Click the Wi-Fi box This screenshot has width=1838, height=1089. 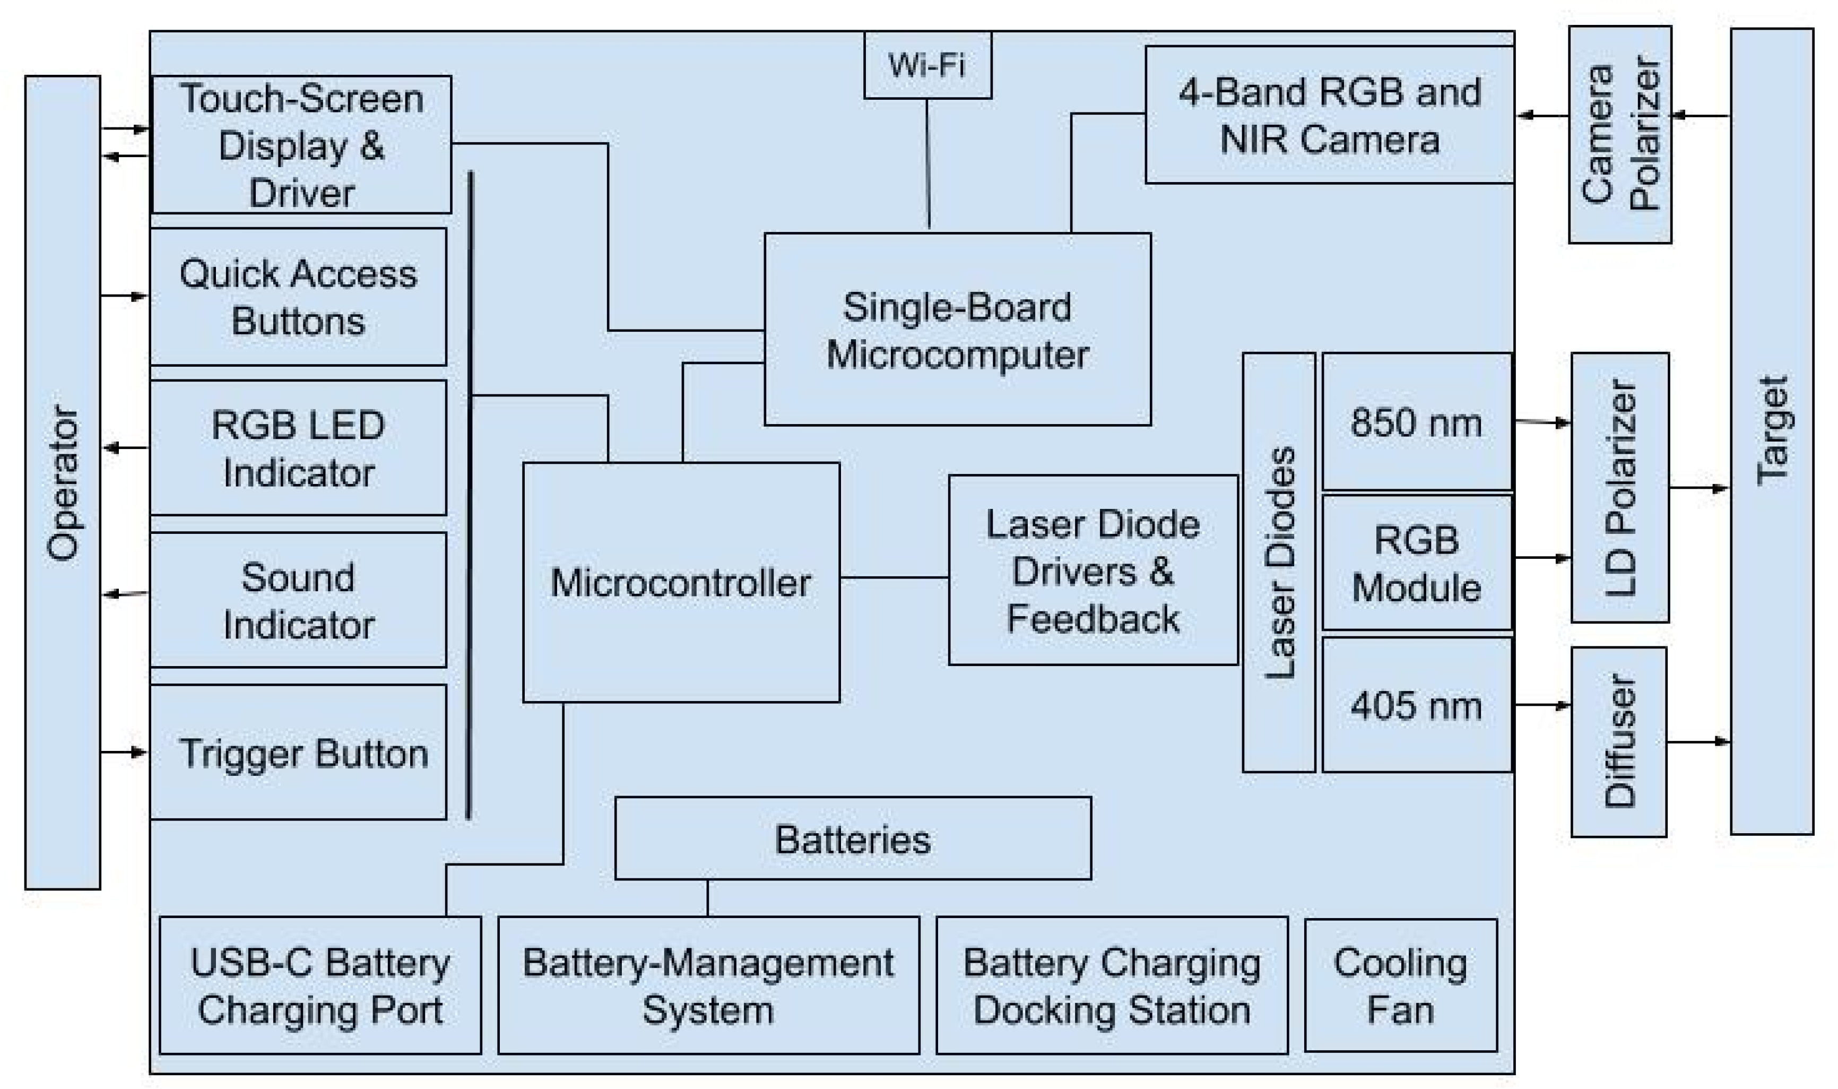[x=927, y=65]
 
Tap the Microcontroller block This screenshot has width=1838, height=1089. [x=680, y=582]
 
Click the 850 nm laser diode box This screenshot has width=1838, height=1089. [x=1416, y=422]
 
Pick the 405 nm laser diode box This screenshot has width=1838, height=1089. [x=1416, y=705]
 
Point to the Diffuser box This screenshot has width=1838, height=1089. [x=1619, y=741]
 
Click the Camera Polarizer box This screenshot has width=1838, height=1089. [x=1620, y=134]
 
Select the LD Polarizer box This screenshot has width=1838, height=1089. [x=1620, y=487]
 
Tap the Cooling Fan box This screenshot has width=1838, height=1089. [x=1400, y=986]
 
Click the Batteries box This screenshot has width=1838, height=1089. [x=853, y=839]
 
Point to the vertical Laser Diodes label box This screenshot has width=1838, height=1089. [x=1278, y=562]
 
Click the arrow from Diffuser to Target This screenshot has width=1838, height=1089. [x=1698, y=742]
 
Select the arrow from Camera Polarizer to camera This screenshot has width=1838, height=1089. [x=1542, y=115]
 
